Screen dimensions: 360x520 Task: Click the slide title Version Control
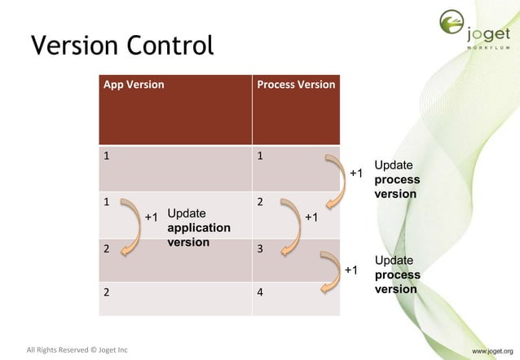click(121, 46)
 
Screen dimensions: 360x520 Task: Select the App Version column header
click(132, 85)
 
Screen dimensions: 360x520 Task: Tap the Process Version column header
click(296, 85)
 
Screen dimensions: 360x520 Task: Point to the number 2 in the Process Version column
click(261, 201)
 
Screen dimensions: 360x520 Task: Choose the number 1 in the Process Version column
click(261, 155)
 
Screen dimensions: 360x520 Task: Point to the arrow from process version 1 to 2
click(334, 181)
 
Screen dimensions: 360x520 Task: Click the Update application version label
click(198, 228)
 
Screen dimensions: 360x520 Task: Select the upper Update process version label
click(397, 179)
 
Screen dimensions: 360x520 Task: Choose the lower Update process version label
click(397, 274)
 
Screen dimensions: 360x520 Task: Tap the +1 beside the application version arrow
click(151, 217)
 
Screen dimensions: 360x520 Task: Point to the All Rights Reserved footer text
click(77, 350)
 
